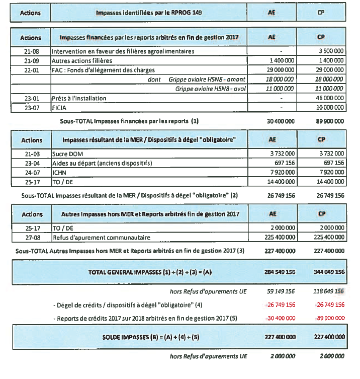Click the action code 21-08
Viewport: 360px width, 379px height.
pyautogui.click(x=31, y=51)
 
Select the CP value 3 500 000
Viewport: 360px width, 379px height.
pyautogui.click(x=330, y=51)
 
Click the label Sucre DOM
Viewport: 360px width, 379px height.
pyautogui.click(x=68, y=154)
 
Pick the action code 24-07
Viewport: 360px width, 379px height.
pyautogui.click(x=31, y=172)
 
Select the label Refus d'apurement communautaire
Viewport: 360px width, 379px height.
pyautogui.click(x=96, y=237)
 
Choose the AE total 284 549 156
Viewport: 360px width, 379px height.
pyautogui.click(x=279, y=272)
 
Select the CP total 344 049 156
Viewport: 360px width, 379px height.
pyautogui.click(x=328, y=272)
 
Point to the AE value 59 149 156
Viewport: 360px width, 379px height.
pyautogui.click(x=281, y=291)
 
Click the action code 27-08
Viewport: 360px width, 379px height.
pyautogui.click(x=31, y=237)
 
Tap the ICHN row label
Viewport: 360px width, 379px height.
pyautogui.click(x=61, y=172)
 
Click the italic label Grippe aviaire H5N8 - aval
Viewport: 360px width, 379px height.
pyautogui.click(x=210, y=89)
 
